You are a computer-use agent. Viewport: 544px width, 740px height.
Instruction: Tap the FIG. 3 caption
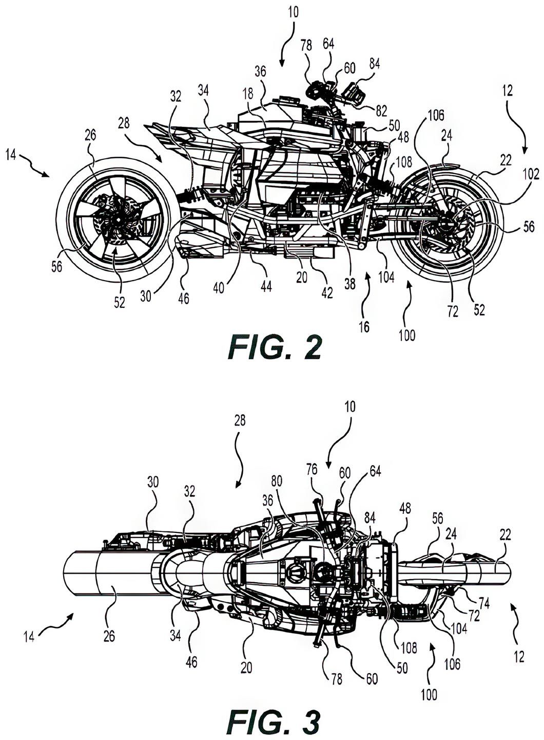(x=275, y=721)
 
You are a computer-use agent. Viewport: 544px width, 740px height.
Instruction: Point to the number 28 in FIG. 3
(x=239, y=421)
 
